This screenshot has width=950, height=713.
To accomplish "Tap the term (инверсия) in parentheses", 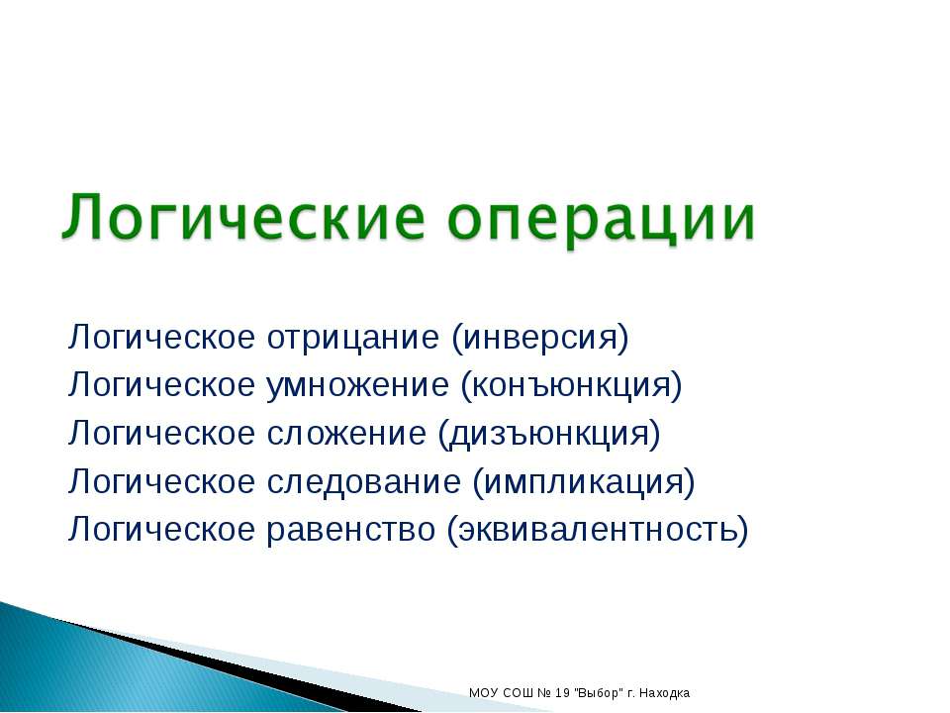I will [x=539, y=338].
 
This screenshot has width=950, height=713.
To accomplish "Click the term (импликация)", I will [x=584, y=481].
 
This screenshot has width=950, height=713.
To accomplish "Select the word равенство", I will [x=350, y=530].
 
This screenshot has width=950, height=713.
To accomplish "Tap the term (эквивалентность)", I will [x=598, y=530].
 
